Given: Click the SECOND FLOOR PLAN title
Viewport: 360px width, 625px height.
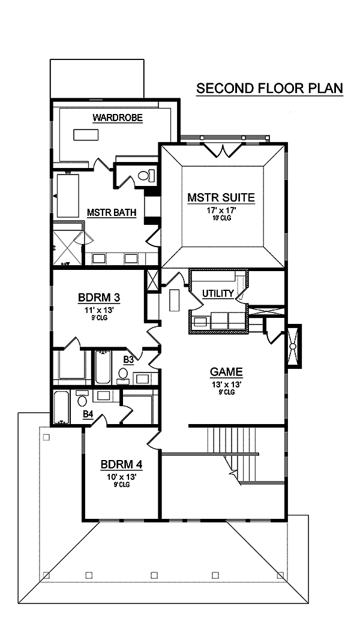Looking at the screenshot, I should (269, 88).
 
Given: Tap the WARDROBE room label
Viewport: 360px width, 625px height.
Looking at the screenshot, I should (118, 118).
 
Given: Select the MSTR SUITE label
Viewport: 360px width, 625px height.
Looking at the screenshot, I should (221, 197).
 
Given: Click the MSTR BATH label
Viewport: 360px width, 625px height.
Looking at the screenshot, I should (111, 212).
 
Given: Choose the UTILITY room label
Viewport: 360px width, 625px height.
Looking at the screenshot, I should (217, 293).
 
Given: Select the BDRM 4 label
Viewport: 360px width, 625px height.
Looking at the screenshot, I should (121, 464).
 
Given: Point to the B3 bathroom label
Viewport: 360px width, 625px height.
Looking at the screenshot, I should (128, 360).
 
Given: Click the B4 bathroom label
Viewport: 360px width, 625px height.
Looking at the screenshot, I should (88, 414).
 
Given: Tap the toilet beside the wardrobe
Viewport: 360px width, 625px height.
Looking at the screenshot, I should (145, 176).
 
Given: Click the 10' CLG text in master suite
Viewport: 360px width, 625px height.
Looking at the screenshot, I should (221, 218).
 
